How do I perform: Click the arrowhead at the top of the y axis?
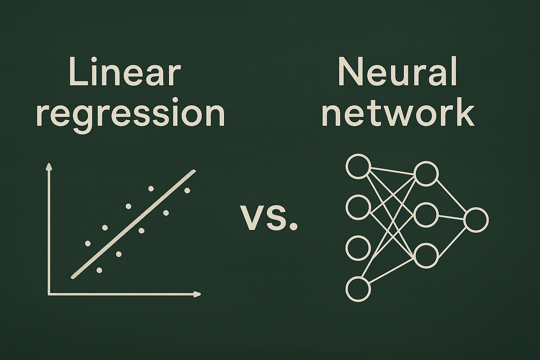point(49,167)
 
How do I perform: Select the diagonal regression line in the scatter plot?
point(133,224)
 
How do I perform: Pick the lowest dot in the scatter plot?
point(100,270)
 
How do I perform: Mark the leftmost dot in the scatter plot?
point(88,243)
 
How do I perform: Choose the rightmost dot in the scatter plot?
point(187,190)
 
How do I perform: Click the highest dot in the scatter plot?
point(151,188)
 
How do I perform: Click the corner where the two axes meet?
point(49,294)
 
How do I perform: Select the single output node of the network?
point(476,220)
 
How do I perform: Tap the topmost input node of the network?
point(358,166)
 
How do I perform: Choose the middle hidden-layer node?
point(426,215)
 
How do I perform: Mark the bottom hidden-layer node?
point(426,255)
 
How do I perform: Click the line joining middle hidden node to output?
point(451,217)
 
